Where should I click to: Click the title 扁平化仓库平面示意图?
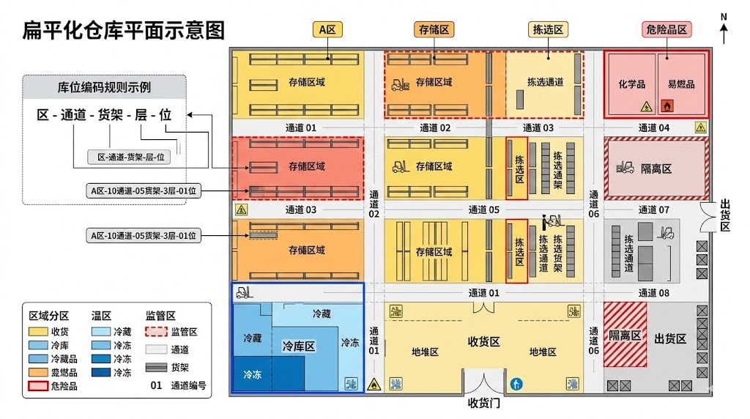(x=123, y=30)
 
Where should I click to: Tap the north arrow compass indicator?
(x=724, y=29)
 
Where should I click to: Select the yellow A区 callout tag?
(x=327, y=29)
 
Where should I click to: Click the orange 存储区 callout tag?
(x=434, y=29)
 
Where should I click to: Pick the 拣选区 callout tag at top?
(x=548, y=29)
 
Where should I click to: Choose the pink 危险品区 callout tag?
(x=667, y=29)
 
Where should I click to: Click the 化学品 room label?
(x=631, y=85)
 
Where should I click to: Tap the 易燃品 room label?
(x=681, y=85)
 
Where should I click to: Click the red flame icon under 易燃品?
(x=667, y=105)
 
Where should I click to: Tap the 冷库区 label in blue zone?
(x=298, y=346)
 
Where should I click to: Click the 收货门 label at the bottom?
(x=483, y=403)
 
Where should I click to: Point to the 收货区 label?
(x=483, y=342)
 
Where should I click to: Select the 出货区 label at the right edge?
(x=725, y=215)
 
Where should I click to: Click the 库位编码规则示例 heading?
(x=104, y=87)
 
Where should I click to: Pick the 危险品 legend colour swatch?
(x=37, y=385)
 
